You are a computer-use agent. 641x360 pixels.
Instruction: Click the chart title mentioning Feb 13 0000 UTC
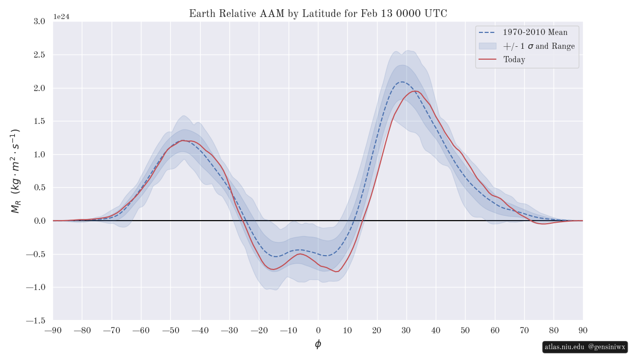point(318,14)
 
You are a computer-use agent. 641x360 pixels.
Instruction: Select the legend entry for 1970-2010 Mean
point(535,32)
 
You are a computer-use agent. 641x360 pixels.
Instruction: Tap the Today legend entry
point(514,60)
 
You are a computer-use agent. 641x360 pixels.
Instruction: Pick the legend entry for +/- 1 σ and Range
point(539,46)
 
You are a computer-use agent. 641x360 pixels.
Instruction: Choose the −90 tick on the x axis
point(53,330)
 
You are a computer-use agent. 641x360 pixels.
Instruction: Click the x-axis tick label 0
point(318,330)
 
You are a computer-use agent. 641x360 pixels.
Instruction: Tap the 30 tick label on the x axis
point(406,330)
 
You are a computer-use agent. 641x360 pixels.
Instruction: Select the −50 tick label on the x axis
point(171,330)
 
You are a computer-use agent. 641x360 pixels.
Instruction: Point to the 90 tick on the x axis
point(583,330)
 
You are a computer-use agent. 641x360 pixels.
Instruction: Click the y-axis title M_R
point(15,171)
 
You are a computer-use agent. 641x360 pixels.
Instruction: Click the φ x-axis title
point(318,344)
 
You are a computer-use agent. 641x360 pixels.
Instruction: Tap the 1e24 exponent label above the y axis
point(61,17)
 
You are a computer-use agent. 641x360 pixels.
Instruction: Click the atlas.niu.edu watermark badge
point(585,347)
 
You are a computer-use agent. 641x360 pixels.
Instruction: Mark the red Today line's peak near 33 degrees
point(416,91)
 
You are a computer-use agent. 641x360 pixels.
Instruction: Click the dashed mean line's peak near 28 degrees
point(401,82)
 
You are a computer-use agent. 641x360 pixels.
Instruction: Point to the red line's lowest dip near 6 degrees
point(336,272)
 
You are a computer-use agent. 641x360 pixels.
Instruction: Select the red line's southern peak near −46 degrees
point(183,140)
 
